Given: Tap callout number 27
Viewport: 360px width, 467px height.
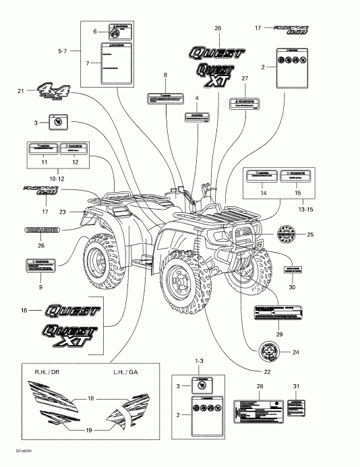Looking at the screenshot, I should pos(245,79).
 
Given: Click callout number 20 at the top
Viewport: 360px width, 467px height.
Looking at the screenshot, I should pos(217,28).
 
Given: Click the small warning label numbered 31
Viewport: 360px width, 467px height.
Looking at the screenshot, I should pos(296,408).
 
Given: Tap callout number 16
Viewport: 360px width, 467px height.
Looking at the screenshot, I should pos(24,311).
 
